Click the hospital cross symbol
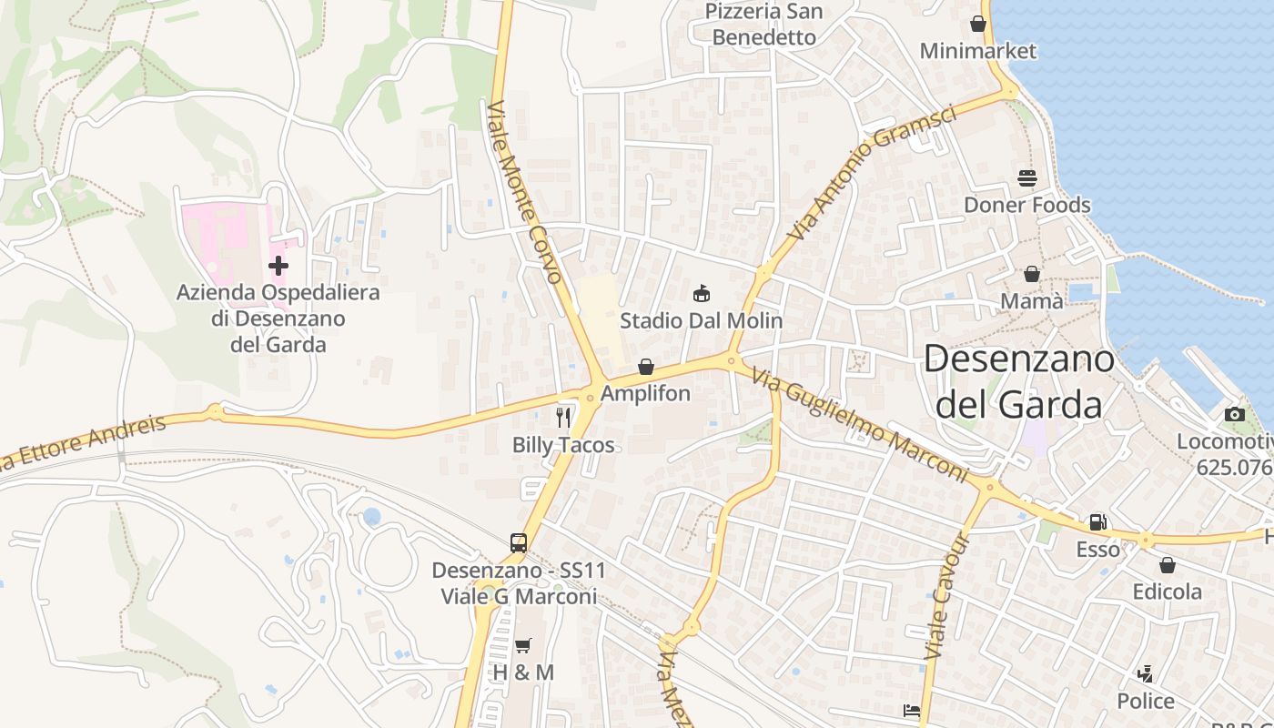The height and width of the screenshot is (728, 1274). click(x=278, y=266)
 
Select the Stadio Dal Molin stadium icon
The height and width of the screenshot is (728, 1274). click(x=701, y=294)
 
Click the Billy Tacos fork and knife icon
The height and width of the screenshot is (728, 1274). click(x=563, y=418)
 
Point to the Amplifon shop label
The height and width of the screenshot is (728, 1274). click(x=645, y=394)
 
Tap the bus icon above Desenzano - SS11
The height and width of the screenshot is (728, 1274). click(x=519, y=543)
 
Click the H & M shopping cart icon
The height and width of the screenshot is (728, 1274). click(x=523, y=645)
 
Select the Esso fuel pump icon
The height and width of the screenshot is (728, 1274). click(x=1098, y=522)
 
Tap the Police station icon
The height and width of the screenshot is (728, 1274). click(x=1146, y=674)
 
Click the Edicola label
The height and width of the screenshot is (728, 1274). click(x=1167, y=591)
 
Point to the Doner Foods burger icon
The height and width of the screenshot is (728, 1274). click(x=1027, y=177)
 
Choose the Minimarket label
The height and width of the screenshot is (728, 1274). click(x=977, y=51)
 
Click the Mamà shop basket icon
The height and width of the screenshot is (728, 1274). click(x=1032, y=274)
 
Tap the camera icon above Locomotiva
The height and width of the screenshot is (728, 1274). click(x=1235, y=414)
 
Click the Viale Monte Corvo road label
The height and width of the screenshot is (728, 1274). click(x=526, y=192)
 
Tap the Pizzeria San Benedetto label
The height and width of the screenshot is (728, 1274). click(x=764, y=25)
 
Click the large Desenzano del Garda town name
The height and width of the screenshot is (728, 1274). click(x=1018, y=381)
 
